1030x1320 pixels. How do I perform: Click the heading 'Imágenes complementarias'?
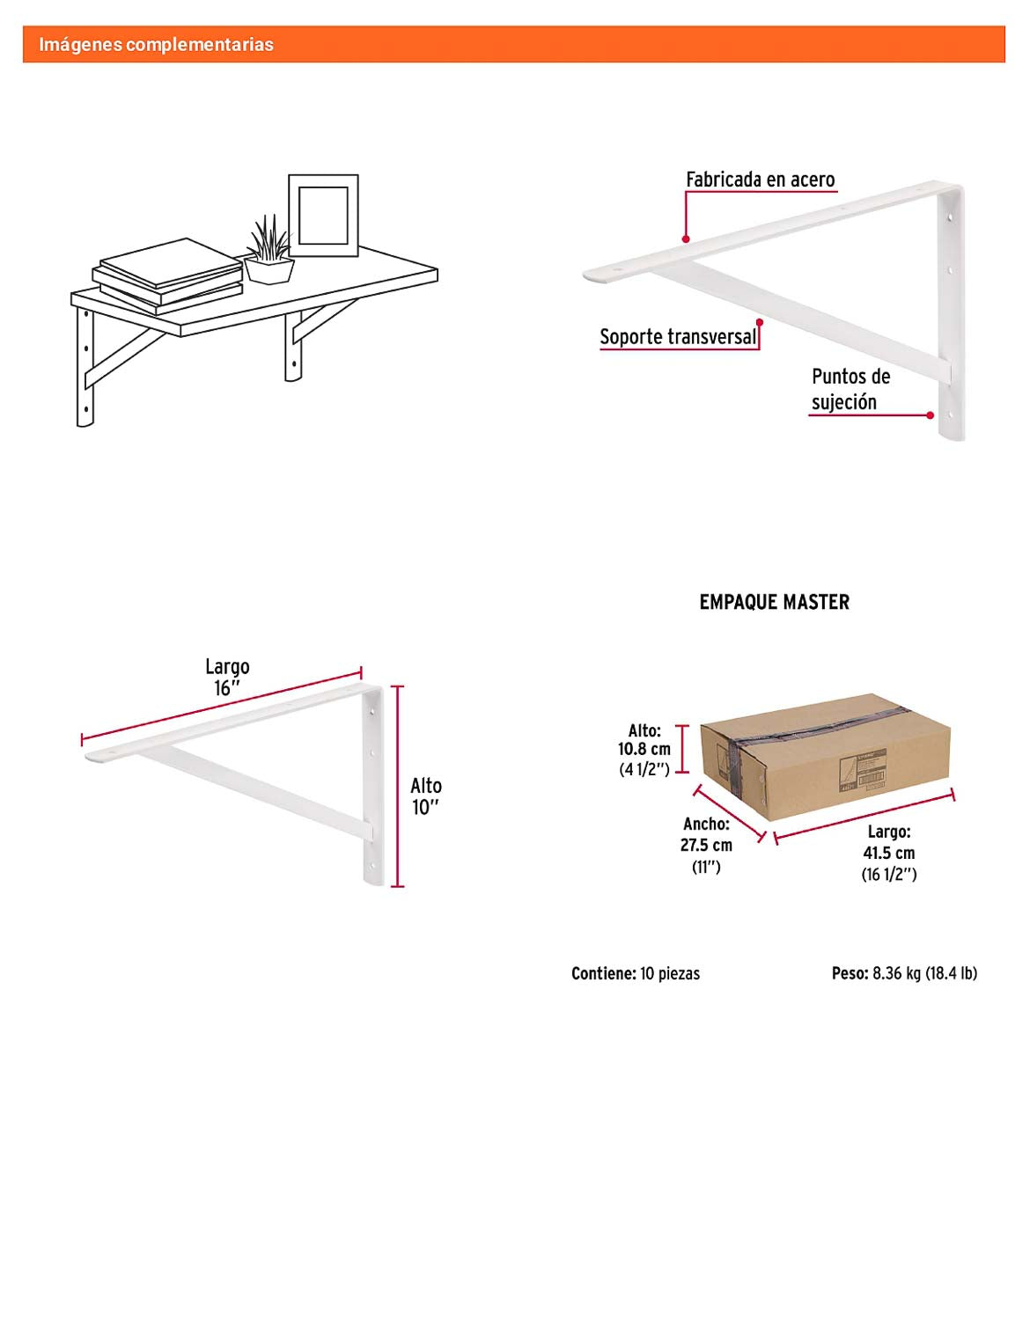[x=156, y=44]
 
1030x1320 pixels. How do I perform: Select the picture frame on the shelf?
[x=323, y=216]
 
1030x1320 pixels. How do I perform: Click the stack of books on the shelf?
[x=168, y=275]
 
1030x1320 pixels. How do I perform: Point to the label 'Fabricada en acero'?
[x=761, y=180]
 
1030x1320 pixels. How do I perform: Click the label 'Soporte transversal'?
[x=678, y=336]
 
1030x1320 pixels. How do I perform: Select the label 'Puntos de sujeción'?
[x=850, y=389]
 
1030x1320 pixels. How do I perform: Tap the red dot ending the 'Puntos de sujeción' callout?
[x=931, y=415]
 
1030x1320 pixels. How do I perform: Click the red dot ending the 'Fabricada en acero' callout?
[x=686, y=238]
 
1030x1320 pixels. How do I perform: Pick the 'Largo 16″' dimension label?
[x=227, y=677]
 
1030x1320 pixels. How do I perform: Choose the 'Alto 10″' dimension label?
[x=425, y=796]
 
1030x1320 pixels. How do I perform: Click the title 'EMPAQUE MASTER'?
[x=774, y=602]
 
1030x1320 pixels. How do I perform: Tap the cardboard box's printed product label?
[x=863, y=770]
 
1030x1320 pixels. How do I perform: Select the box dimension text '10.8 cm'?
[x=644, y=749]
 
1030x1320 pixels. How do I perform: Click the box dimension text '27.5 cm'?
[x=706, y=845]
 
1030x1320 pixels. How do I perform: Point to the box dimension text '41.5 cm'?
[x=889, y=853]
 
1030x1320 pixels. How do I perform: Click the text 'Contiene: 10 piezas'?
[x=636, y=974]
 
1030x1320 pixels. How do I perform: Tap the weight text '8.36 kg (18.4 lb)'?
[x=925, y=974]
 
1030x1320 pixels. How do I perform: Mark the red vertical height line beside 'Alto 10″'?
[x=397, y=787]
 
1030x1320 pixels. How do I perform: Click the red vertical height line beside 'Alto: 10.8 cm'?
[x=682, y=749]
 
